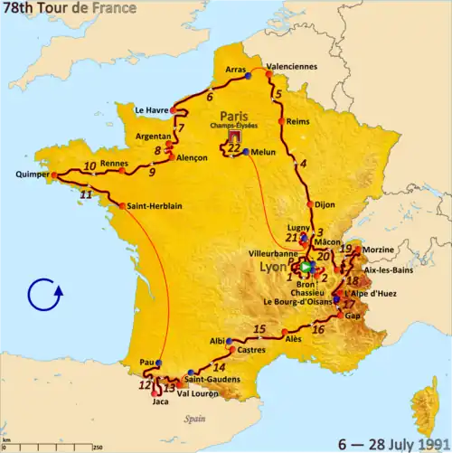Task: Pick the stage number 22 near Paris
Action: click(x=234, y=148)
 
